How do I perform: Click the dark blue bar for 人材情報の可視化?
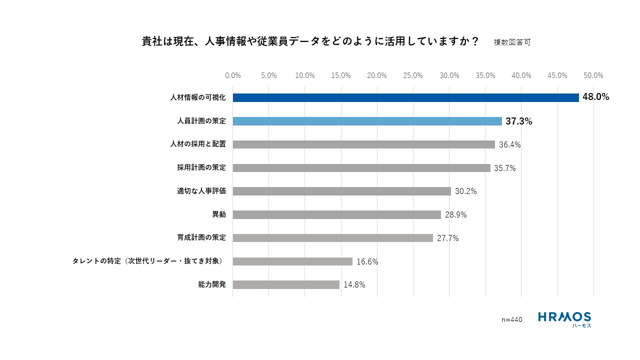[x=405, y=97]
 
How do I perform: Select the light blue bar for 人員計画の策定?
[x=367, y=121]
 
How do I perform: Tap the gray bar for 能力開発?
[x=286, y=284]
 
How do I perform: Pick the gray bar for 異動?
[x=336, y=214]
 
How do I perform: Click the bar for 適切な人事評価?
[x=341, y=191]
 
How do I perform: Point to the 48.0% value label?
[x=595, y=97]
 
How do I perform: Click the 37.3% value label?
[x=518, y=121]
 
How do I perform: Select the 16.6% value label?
[x=367, y=261]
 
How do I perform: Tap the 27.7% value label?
[x=447, y=238]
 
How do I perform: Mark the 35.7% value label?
[x=504, y=168]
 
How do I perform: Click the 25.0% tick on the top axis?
[x=413, y=75]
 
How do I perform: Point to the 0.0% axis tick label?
[x=233, y=75]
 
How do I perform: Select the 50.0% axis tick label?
[x=593, y=75]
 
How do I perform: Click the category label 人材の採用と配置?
[x=198, y=144]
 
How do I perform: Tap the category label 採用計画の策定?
[x=201, y=167]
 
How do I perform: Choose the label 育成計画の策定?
[x=201, y=237]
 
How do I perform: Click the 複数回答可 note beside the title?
[x=511, y=42]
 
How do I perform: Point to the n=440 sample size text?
[x=511, y=319]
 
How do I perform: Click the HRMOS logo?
[x=564, y=319]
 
